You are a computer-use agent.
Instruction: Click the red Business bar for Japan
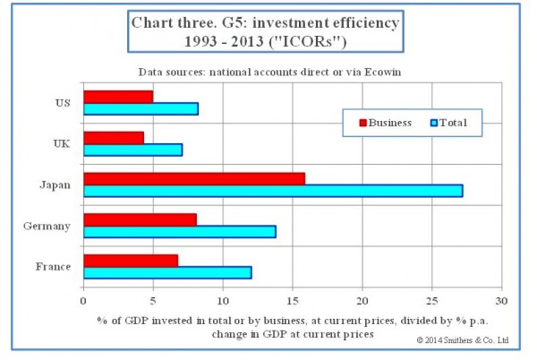[193, 178]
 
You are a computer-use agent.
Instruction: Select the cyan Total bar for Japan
[273, 191]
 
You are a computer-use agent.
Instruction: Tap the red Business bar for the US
[118, 96]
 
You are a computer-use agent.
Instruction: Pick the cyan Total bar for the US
[141, 108]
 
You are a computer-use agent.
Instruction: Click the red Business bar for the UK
[114, 137]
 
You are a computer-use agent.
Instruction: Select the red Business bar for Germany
[140, 219]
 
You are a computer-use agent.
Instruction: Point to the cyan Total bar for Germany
[179, 231]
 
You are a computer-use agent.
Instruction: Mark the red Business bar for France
[131, 260]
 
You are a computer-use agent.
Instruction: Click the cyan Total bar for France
[167, 272]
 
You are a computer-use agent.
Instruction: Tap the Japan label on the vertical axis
[55, 184]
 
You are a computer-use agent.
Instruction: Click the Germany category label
[47, 226]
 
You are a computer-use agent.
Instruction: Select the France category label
[52, 267]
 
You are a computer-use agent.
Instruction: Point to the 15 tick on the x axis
[293, 301]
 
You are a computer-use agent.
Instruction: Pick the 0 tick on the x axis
[83, 301]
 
